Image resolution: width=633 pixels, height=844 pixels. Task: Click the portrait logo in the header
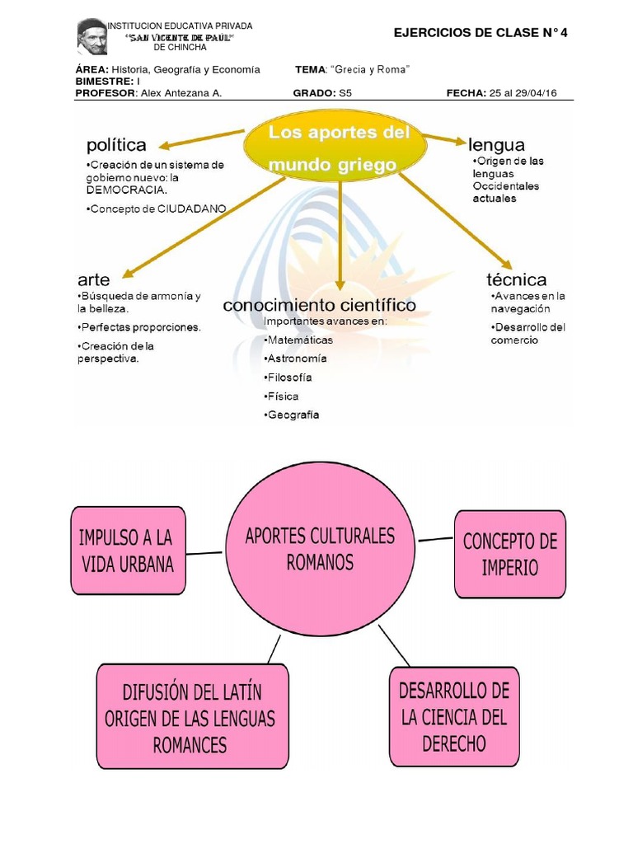(x=92, y=37)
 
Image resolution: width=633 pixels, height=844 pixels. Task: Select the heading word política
(x=116, y=145)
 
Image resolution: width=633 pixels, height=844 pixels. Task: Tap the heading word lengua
(x=496, y=144)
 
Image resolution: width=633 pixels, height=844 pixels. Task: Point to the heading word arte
(x=93, y=279)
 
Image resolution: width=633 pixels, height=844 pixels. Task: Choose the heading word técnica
(x=517, y=279)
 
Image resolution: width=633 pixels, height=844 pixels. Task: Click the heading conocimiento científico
(x=319, y=305)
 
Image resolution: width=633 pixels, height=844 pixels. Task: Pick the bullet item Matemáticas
(x=300, y=340)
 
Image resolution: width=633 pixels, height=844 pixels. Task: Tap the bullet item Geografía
(x=294, y=415)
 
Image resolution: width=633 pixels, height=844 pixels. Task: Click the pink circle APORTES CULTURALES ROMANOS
(x=320, y=549)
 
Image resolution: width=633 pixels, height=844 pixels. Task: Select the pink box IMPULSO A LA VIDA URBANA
(x=128, y=551)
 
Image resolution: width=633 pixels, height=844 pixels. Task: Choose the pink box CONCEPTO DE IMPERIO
(x=510, y=554)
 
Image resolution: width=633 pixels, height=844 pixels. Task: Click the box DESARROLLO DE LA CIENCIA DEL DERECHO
(x=454, y=717)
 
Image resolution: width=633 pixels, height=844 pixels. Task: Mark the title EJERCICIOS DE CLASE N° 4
(x=481, y=33)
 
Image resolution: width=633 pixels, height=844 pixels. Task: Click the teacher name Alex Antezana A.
(x=181, y=93)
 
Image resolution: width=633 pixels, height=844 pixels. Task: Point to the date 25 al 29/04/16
(x=523, y=93)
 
